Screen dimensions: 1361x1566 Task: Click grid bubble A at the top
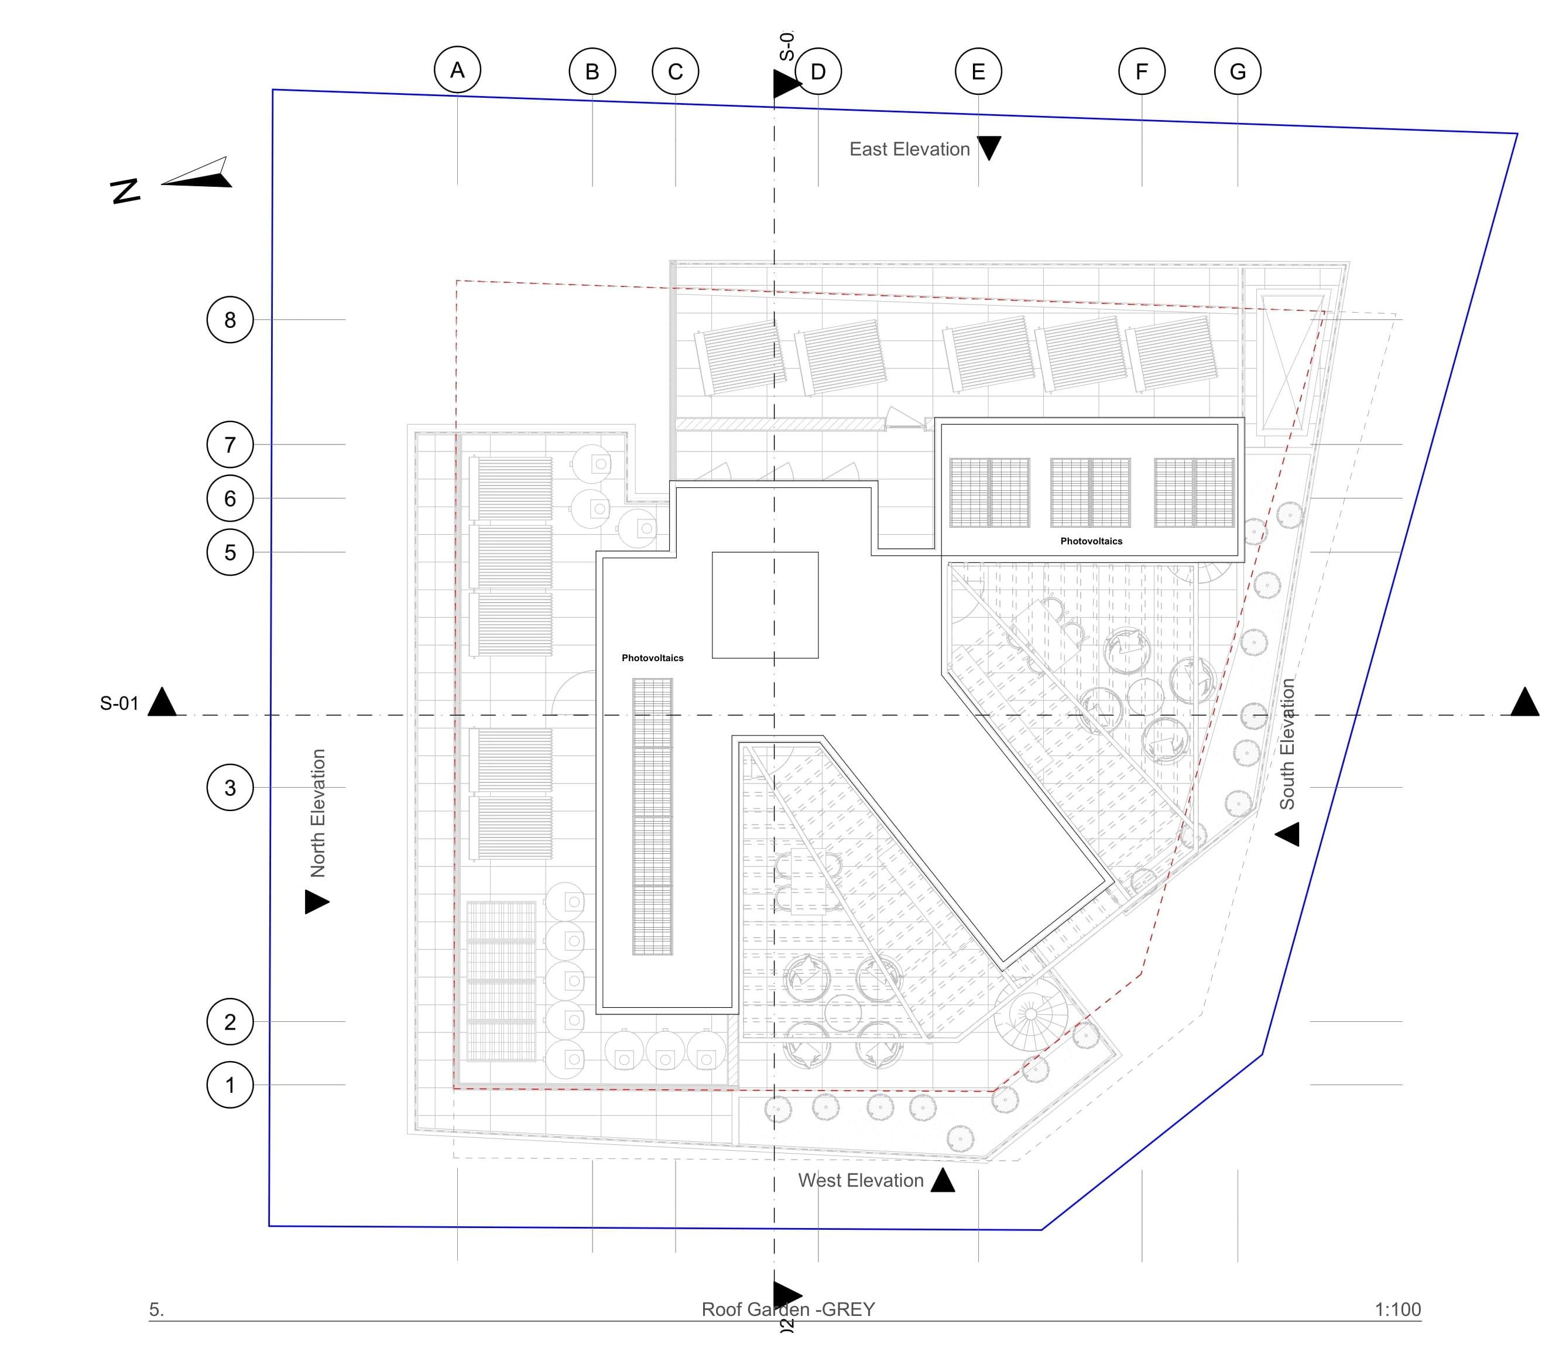pos(457,70)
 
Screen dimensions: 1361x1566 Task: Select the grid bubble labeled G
pos(1238,71)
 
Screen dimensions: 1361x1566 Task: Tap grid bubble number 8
pos(230,320)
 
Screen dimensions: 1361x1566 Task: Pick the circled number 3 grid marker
pos(230,788)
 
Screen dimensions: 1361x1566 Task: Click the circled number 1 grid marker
pos(230,1085)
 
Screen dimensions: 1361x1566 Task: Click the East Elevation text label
pos(909,149)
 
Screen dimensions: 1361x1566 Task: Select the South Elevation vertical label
pos(1287,744)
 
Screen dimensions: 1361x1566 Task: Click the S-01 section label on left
pos(119,704)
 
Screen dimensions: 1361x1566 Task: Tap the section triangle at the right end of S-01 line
pos(1524,703)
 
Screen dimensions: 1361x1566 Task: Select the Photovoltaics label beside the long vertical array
pos(652,658)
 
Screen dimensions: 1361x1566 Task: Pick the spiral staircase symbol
pos(1030,1014)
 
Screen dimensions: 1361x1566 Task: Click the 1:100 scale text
pos(1397,1309)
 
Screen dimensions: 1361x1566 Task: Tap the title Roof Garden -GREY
pos(788,1309)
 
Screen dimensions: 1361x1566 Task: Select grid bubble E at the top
pos(978,71)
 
